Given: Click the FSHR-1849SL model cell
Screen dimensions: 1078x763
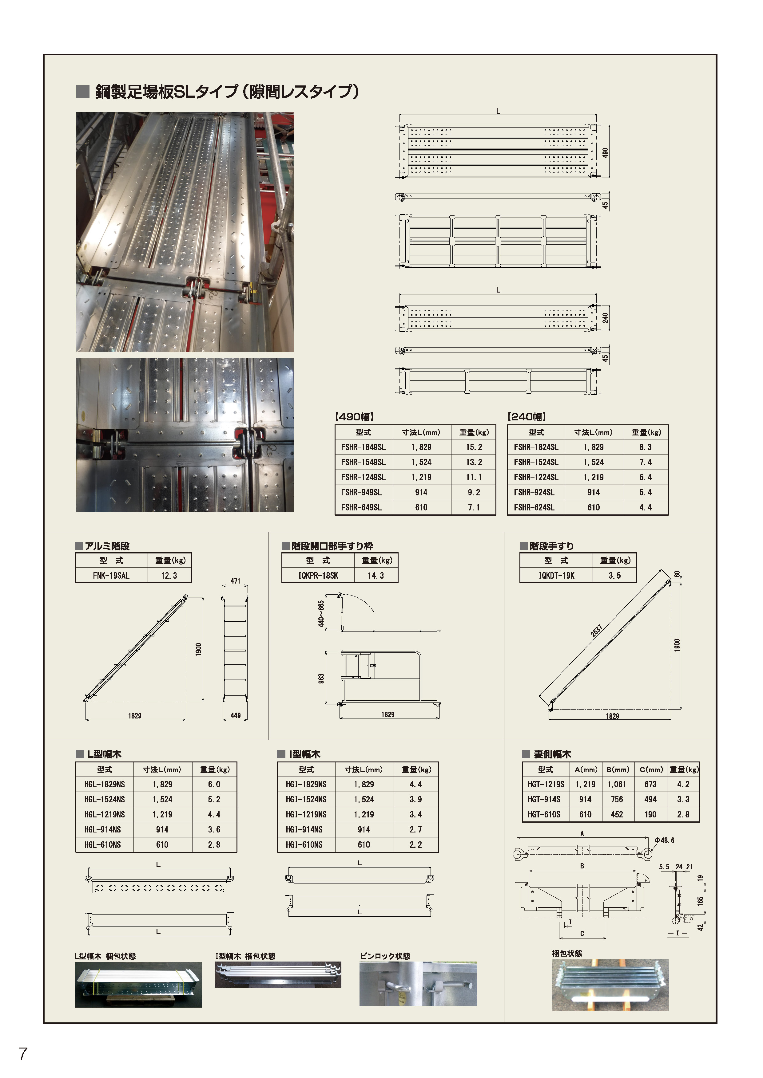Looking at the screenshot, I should tap(363, 447).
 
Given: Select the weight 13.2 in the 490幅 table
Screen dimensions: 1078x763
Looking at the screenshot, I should tap(474, 462).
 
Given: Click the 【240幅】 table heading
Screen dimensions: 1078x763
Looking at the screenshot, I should tap(526, 416).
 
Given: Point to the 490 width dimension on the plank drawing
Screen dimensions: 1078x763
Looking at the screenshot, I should tap(605, 153).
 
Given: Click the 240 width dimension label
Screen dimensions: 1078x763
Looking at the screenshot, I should tap(605, 318).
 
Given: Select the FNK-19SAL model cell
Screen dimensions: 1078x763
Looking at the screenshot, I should tap(111, 575).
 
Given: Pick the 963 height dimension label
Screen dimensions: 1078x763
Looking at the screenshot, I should tap(321, 679).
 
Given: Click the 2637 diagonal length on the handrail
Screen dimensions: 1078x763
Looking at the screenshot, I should tap(596, 631).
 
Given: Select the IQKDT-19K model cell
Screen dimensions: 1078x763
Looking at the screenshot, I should tap(556, 575).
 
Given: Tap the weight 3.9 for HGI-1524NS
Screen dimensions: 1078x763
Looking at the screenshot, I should tap(415, 799).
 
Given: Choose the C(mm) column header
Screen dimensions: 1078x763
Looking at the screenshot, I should tap(651, 769).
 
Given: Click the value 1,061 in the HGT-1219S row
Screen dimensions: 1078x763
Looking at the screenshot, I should tap(616, 784).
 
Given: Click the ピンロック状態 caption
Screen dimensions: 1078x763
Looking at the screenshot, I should tap(385, 956).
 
